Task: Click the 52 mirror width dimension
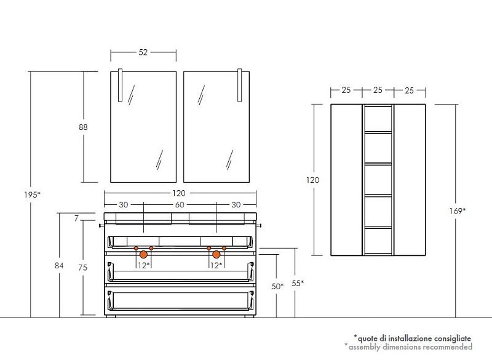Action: coord(143,52)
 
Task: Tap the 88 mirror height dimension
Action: coord(83,127)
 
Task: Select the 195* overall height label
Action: coord(33,194)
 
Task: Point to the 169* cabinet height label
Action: coord(457,211)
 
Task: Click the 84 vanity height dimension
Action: coord(59,265)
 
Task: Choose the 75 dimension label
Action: coord(83,268)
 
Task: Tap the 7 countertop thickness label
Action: coord(76,218)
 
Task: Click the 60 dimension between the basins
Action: coord(180,205)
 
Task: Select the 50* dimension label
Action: coord(277,286)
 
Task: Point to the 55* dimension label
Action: coord(298,283)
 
